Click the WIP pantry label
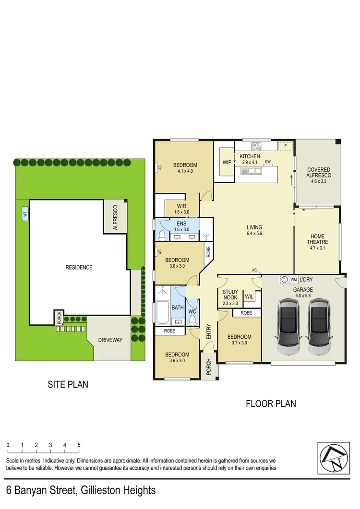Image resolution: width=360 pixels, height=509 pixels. click(x=227, y=162)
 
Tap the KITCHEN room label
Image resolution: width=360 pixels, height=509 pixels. click(x=250, y=156)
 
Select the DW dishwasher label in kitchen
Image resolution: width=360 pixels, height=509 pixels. click(x=268, y=162)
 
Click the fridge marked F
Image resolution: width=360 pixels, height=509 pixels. click(x=285, y=145)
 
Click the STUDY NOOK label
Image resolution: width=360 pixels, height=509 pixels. click(x=230, y=297)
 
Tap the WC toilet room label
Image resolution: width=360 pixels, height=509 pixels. click(x=192, y=312)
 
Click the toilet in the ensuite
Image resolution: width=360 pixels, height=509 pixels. click(x=162, y=235)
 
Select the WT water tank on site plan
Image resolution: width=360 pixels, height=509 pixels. click(x=24, y=215)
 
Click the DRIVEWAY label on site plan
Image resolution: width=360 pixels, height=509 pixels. click(x=110, y=340)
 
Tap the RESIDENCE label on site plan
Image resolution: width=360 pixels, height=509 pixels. click(x=79, y=267)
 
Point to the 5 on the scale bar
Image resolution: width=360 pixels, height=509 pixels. click(x=79, y=445)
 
